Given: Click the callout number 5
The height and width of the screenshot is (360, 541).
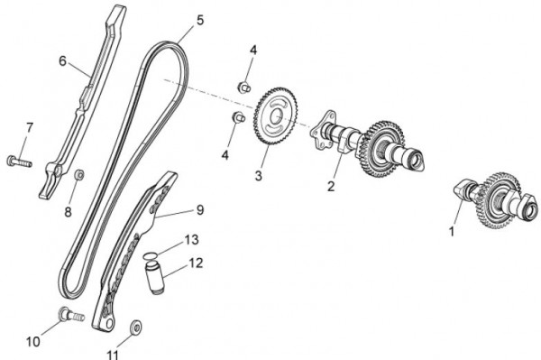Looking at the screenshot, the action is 200,20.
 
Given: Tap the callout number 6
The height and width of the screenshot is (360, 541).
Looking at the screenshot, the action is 62,61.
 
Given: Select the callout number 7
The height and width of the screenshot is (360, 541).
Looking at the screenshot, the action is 30,128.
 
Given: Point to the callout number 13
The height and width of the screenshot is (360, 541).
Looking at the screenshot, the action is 191,239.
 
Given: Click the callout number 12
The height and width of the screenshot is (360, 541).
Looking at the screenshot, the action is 196,263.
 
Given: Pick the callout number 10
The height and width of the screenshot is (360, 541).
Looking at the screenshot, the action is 33,342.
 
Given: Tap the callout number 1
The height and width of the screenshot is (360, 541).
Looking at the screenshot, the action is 452,231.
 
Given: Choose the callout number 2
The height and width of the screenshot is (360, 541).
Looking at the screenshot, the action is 331,187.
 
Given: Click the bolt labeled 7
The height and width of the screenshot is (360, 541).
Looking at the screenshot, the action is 19,162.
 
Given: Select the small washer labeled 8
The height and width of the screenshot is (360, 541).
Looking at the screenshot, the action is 79,175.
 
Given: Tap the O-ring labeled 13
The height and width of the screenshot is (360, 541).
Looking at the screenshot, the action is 151,255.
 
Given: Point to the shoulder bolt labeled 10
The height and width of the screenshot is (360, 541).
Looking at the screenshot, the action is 72,313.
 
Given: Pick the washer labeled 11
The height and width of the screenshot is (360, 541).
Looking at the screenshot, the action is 136,327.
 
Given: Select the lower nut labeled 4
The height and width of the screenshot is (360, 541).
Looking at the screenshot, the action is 238,117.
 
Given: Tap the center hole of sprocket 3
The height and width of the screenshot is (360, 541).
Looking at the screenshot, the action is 275,117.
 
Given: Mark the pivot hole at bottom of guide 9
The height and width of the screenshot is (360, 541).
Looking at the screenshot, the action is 109,323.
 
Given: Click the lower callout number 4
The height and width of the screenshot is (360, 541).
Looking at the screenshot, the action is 225,155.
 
